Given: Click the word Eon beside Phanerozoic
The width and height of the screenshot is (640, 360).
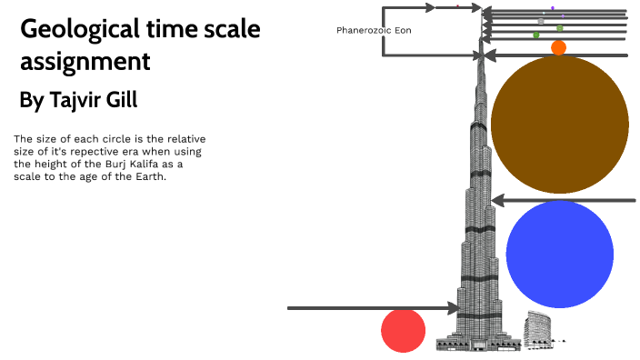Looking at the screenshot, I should click(x=403, y=30).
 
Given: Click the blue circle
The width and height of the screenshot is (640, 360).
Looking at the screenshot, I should click(x=559, y=254).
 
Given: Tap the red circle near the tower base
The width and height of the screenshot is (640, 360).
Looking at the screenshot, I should click(x=403, y=330).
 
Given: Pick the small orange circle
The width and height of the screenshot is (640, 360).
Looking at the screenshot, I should click(x=558, y=47).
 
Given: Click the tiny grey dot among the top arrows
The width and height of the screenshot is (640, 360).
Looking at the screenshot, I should click(x=541, y=21).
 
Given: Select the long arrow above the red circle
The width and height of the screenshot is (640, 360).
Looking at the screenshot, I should click(x=373, y=308).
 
